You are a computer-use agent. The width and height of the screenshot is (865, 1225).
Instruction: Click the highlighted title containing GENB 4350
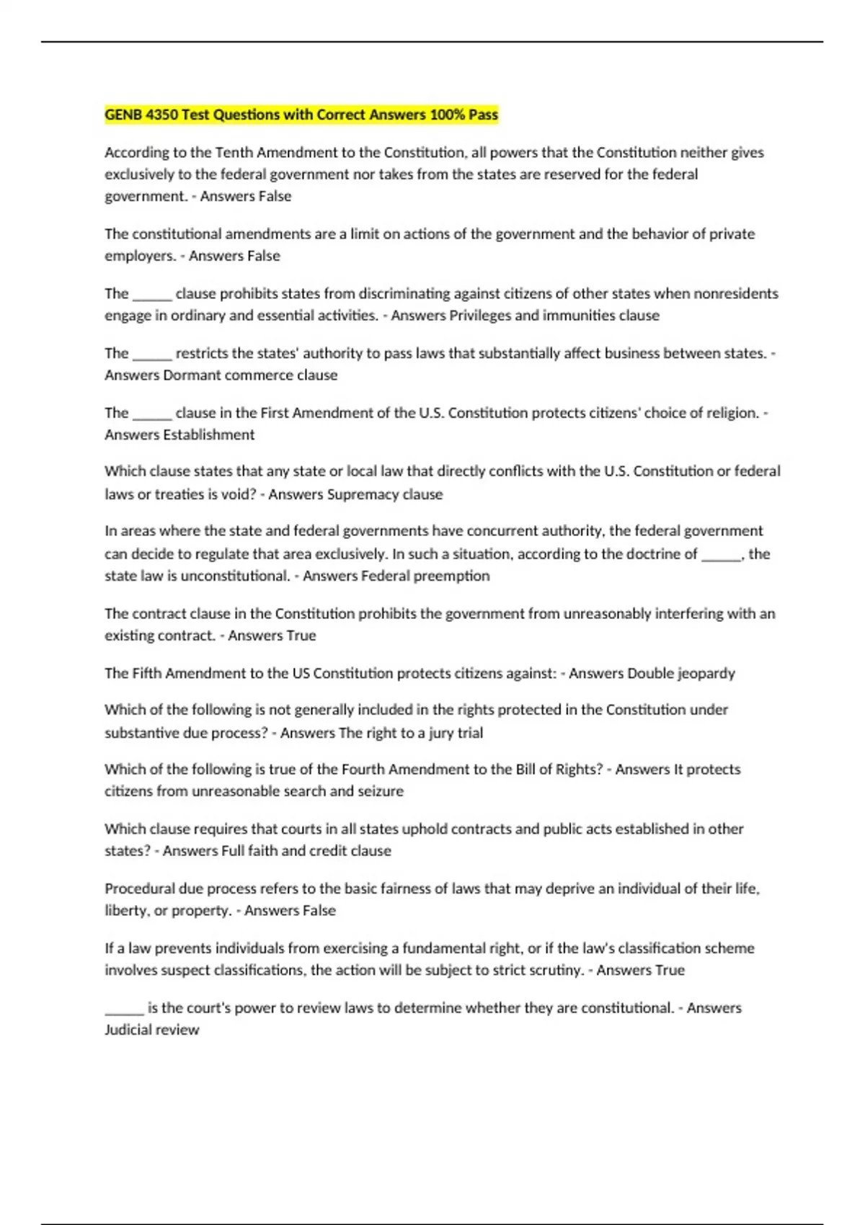click(x=301, y=115)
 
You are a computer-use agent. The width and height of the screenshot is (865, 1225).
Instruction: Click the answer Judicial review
click(x=151, y=1030)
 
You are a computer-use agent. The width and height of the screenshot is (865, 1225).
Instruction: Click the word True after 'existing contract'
click(x=301, y=636)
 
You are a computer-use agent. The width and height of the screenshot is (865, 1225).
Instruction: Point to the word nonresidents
click(x=735, y=293)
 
